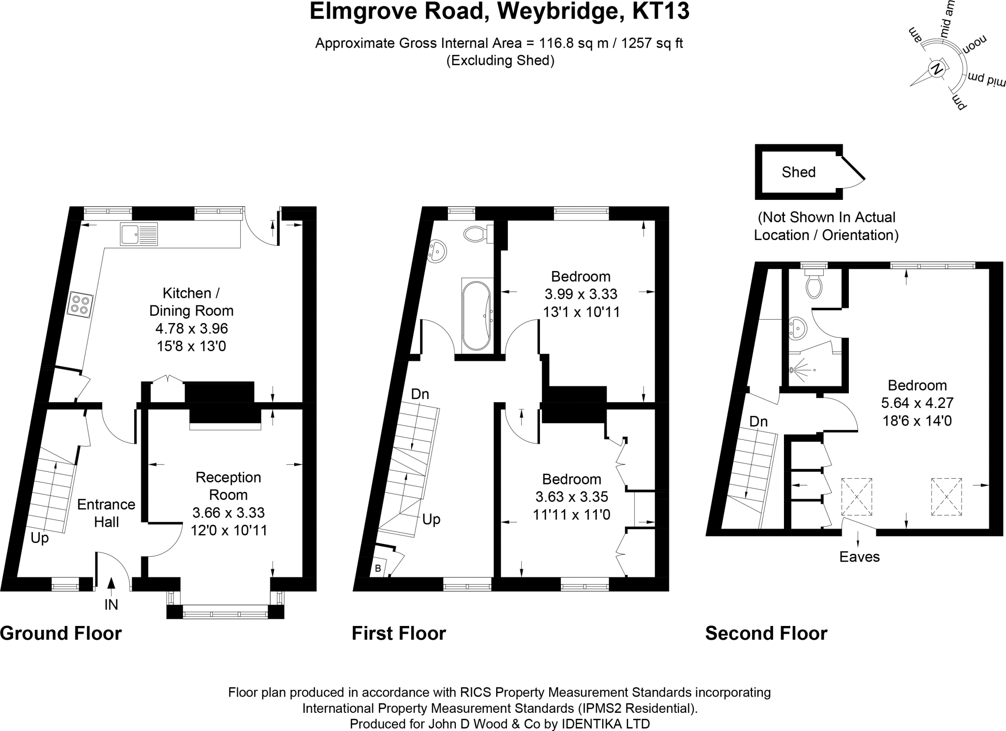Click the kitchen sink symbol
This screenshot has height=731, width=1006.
pos(139,234)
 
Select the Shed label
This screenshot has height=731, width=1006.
pos(798,172)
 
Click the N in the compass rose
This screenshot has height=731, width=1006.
pos(937,69)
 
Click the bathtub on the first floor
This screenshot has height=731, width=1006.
pos(475,314)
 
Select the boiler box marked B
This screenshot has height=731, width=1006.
pos(378,569)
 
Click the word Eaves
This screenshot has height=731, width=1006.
pos(859,557)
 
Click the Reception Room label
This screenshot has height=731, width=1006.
pos(228,486)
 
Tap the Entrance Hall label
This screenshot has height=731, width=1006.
pos(106,513)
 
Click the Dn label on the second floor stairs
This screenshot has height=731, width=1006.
pos(758,421)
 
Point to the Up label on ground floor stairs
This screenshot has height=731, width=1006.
pos(40,538)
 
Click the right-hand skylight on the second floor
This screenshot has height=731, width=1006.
pos(946,496)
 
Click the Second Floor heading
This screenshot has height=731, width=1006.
pos(766,633)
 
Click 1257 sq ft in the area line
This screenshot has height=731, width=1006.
pos(652,43)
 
